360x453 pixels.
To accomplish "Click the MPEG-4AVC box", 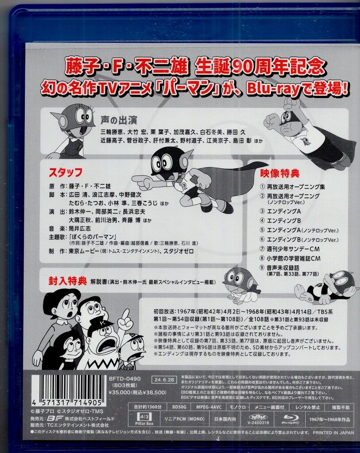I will click(x=210, y=407).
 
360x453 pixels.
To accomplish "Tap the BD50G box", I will click(x=180, y=407).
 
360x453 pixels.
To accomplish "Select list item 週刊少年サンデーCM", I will click(x=289, y=248).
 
